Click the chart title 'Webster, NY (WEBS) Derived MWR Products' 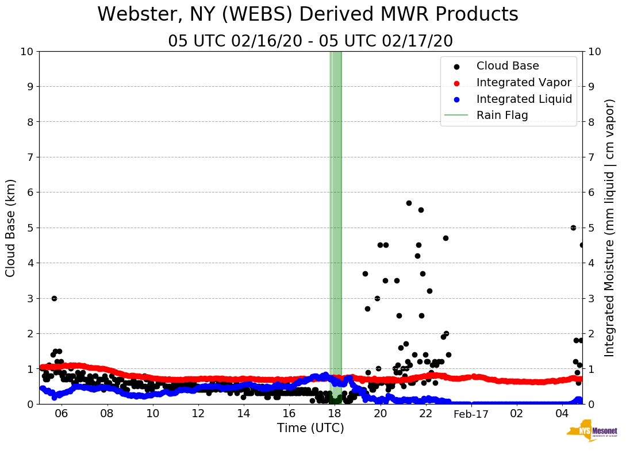pos(308,14)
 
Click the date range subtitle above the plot pos(310,41)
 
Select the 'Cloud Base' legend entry pos(508,66)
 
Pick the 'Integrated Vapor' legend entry pos(524,83)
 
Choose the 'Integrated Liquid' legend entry pos(524,99)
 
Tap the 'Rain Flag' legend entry pos(502,115)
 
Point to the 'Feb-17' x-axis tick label pos(471,413)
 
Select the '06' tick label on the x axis pos(62,413)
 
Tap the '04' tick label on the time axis pos(562,413)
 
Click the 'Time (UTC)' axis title pos(310,428)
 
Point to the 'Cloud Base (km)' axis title pos(11,228)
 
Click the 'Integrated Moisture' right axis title pos(610,228)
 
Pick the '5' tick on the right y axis pos(590,228)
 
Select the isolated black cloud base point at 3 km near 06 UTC pos(54,298)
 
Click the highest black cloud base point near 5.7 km pos(409,203)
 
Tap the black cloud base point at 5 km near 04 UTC pos(573,228)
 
